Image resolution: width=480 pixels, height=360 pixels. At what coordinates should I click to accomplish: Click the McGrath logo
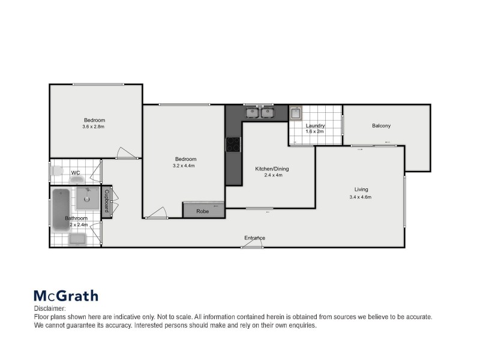pyautogui.click(x=65, y=296)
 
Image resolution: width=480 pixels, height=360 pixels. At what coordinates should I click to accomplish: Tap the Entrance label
pyautogui.click(x=254, y=238)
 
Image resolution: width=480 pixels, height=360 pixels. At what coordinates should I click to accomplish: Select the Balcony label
pyautogui.click(x=381, y=125)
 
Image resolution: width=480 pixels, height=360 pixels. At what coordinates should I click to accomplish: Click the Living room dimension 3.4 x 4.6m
pyautogui.click(x=361, y=197)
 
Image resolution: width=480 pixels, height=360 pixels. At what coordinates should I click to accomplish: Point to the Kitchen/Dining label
pyautogui.click(x=272, y=169)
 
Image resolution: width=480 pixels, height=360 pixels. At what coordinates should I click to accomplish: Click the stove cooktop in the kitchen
pyautogui.click(x=233, y=145)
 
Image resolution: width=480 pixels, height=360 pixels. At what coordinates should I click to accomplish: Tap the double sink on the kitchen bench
pyautogui.click(x=259, y=112)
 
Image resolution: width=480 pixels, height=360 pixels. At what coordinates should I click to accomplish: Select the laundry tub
pyautogui.click(x=296, y=113)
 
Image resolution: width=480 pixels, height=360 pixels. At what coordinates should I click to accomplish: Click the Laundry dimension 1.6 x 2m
pyautogui.click(x=315, y=132)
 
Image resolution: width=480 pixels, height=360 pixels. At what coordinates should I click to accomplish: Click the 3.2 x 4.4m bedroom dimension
pyautogui.click(x=184, y=166)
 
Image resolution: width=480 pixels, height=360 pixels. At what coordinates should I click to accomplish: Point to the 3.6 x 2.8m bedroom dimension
pyautogui.click(x=94, y=127)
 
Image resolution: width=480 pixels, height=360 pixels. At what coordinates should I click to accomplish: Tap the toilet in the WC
pyautogui.click(x=57, y=172)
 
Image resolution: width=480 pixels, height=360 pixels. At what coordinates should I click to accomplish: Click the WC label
pyautogui.click(x=76, y=173)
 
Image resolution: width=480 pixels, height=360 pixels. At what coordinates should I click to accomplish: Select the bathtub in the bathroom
pyautogui.click(x=61, y=209)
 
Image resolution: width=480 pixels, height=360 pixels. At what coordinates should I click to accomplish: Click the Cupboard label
pyautogui.click(x=106, y=201)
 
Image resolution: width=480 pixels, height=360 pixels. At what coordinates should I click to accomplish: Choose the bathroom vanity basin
pyautogui.click(x=78, y=239)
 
